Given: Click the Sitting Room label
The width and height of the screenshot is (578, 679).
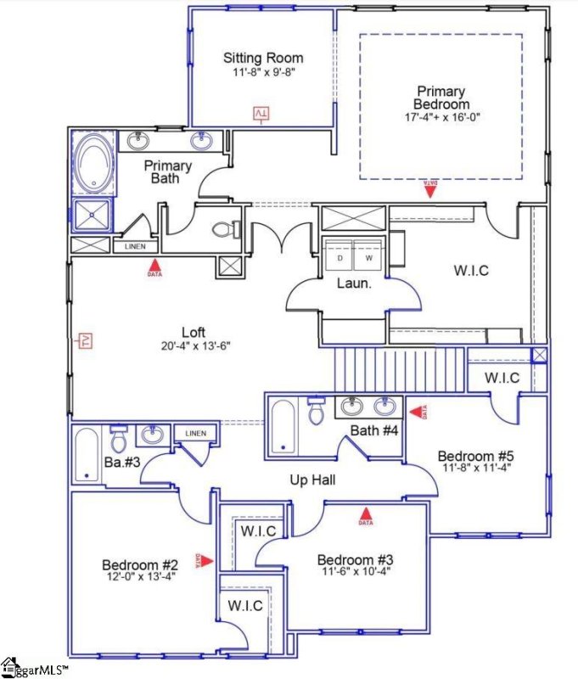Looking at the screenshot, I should [263, 59].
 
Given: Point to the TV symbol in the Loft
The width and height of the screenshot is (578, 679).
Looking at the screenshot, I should [85, 340].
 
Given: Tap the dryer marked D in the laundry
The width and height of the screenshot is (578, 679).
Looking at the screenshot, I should [340, 258].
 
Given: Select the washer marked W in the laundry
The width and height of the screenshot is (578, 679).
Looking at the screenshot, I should [368, 258].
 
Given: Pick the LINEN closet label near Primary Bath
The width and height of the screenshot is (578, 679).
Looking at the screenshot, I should [135, 247].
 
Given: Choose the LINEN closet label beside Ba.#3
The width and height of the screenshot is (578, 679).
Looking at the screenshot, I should [195, 434].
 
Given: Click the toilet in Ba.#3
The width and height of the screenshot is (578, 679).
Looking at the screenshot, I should [119, 439].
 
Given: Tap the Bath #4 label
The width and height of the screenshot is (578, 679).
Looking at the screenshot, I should [375, 430].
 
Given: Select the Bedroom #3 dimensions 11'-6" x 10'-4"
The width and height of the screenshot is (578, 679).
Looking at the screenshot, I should [355, 573].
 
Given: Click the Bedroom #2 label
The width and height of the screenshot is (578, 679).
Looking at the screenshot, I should [140, 565].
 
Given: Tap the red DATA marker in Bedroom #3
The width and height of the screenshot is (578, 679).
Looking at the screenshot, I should [367, 514].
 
